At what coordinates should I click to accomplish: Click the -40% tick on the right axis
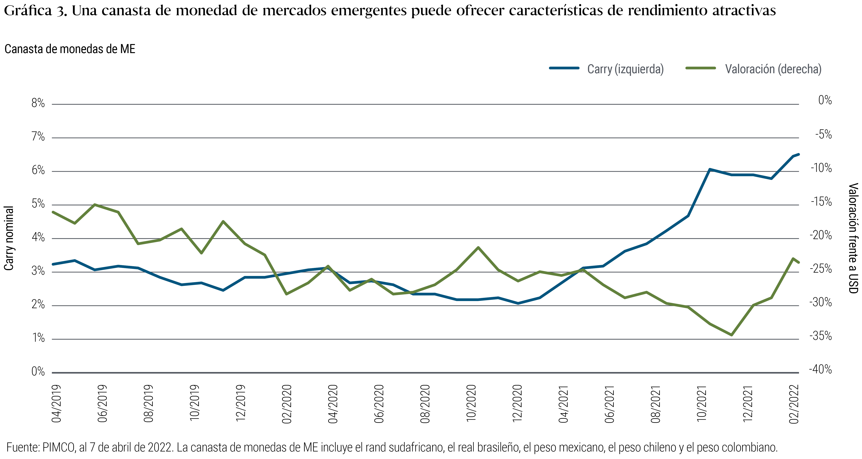820,369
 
